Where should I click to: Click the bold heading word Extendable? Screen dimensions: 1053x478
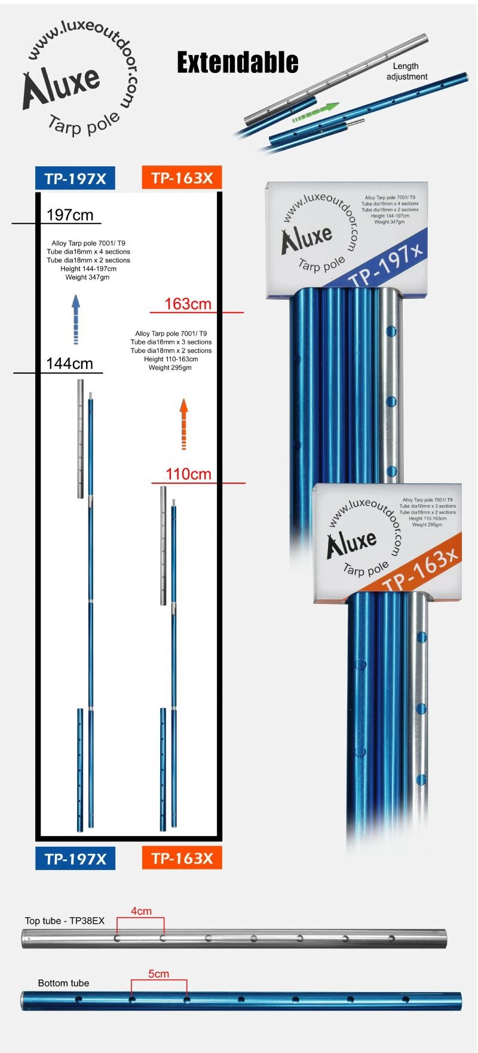[237, 63]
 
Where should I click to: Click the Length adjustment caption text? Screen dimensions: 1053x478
[406, 71]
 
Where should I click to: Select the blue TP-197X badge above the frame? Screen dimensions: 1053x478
[75, 178]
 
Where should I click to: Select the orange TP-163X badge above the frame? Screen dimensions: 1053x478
[182, 178]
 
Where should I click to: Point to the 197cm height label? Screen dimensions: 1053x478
[70, 215]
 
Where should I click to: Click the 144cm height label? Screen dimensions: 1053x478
[70, 364]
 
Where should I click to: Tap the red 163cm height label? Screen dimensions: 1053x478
[188, 304]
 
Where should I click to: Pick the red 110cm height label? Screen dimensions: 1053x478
[189, 474]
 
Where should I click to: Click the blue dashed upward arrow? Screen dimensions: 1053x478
[76, 318]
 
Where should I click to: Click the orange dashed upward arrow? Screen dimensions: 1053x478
[184, 425]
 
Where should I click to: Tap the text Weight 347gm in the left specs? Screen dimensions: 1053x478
[88, 277]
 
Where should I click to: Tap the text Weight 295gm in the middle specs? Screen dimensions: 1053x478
[170, 368]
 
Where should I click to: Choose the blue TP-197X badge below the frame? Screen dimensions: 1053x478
[75, 859]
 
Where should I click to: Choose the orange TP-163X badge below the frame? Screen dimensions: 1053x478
[182, 858]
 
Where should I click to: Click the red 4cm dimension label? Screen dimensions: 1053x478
[141, 911]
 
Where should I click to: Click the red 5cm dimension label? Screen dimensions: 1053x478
[158, 973]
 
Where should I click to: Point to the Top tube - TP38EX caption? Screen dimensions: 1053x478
[65, 921]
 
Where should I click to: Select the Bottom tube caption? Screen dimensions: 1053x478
[63, 983]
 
